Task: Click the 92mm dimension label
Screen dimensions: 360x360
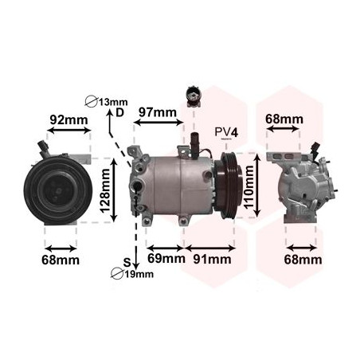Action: pos(68,120)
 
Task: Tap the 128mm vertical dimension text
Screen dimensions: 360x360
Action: pos(105,190)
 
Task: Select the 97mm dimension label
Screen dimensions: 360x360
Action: pos(158,112)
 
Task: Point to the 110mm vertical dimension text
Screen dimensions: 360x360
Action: pos(249,186)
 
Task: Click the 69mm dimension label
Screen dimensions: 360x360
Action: pos(166,258)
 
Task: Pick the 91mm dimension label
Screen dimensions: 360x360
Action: pos(212,260)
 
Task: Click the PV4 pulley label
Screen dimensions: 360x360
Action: pos(226,132)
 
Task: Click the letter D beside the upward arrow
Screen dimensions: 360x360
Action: pos(120,112)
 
